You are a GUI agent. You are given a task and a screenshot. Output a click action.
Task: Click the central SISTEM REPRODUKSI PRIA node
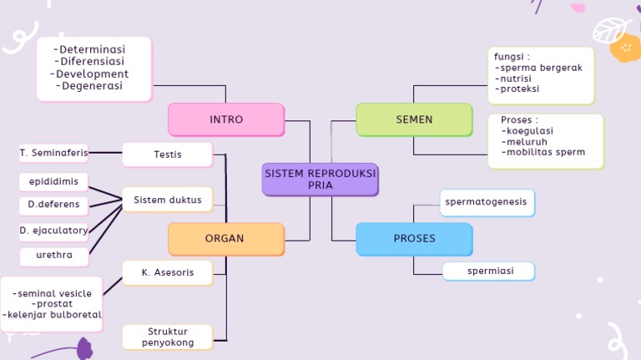click(x=320, y=179)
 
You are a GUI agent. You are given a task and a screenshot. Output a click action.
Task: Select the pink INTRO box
click(x=226, y=119)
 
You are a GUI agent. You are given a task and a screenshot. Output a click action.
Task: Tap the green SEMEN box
click(x=414, y=119)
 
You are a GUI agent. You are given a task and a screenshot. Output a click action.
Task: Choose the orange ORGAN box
click(x=225, y=239)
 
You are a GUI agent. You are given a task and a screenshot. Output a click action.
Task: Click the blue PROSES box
click(x=414, y=239)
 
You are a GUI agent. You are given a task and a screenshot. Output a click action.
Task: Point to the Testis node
click(x=168, y=155)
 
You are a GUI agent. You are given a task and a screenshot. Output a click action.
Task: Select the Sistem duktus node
click(x=168, y=200)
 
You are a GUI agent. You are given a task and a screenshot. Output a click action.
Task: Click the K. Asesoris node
click(x=168, y=272)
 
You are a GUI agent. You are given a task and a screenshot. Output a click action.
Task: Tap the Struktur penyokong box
click(x=168, y=337)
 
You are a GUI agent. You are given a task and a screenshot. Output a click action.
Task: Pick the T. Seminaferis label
click(x=53, y=153)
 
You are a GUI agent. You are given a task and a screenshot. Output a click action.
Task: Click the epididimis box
click(x=53, y=181)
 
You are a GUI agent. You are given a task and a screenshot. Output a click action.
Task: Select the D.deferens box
click(x=53, y=204)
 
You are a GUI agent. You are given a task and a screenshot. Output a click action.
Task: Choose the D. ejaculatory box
click(x=53, y=230)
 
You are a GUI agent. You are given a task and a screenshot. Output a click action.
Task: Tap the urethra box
click(x=53, y=255)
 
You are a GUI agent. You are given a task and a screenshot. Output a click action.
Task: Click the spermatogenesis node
click(x=487, y=202)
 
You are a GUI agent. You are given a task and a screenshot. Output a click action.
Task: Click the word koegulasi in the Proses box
click(x=530, y=131)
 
